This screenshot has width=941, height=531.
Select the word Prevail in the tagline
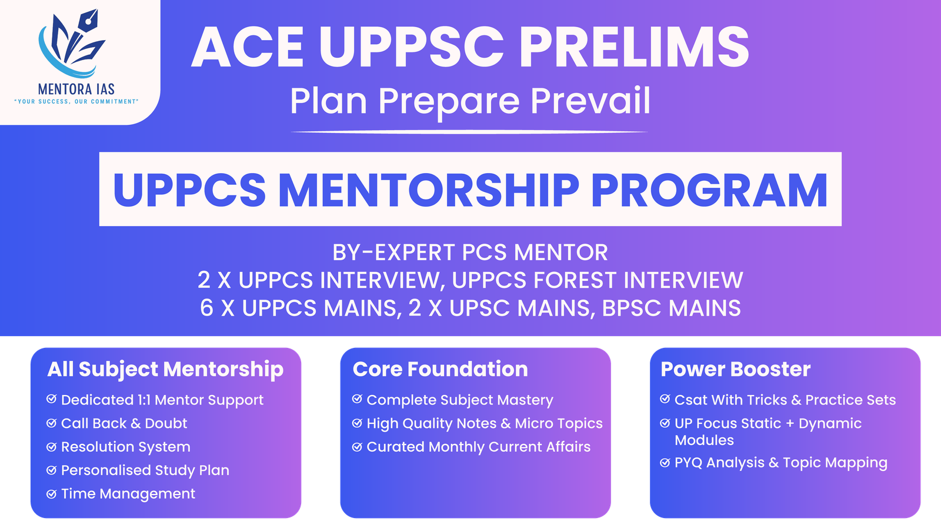(590, 101)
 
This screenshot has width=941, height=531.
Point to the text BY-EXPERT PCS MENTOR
(470, 253)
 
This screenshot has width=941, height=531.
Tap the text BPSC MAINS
(671, 308)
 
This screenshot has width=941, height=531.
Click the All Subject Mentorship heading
(165, 369)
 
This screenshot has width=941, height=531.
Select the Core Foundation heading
(440, 369)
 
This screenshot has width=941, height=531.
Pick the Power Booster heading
(735, 369)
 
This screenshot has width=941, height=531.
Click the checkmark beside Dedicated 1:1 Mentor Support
(52, 399)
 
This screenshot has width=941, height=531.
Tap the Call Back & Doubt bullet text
(124, 423)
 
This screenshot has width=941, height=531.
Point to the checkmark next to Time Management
(52, 493)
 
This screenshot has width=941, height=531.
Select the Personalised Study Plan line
(145, 470)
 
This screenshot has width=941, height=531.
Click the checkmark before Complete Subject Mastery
(357, 399)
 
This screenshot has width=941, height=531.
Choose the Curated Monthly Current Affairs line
(478, 447)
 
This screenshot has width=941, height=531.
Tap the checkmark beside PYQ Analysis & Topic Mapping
(665, 463)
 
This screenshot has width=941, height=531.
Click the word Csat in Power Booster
(690, 400)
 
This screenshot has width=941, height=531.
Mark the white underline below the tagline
(469, 132)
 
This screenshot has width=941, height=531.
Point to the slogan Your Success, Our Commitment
(76, 102)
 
